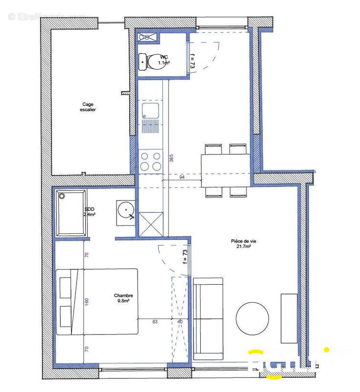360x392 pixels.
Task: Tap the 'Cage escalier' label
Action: pos(88,107)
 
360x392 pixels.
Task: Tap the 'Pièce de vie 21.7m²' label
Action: pos(241,244)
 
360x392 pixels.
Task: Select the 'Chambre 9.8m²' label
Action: pos(123,298)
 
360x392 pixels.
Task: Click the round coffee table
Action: pos(252,318)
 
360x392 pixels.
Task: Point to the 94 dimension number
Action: pos(182,177)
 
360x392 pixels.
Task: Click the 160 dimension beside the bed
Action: pos(86,301)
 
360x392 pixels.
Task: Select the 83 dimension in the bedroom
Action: pos(154,321)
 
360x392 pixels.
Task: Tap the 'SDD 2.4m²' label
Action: pos(89,212)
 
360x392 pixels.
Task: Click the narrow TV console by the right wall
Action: pos(288,318)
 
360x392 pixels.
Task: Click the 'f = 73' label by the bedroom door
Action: pos(185,257)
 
